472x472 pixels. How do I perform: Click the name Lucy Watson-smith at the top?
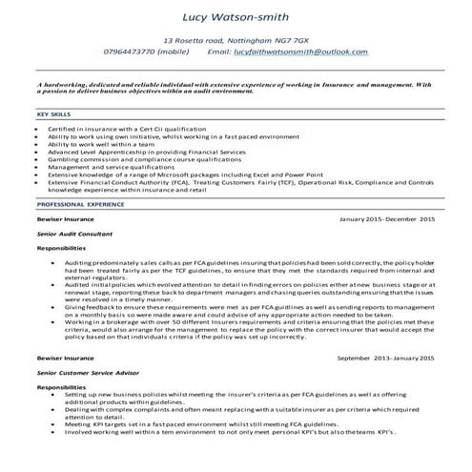[x=236, y=16]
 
